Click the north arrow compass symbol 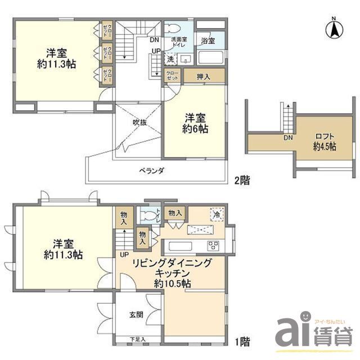[x=334, y=29]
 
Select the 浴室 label [x=208, y=40]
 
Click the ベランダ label [x=152, y=170]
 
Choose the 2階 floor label [x=243, y=181]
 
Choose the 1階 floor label [x=243, y=341]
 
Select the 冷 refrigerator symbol [x=215, y=214]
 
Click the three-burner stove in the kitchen [x=214, y=245]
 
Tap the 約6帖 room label [x=195, y=129]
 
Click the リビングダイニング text [x=172, y=263]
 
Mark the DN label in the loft [x=287, y=138]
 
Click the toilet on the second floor [x=174, y=28]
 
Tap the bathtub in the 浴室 [x=211, y=57]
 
